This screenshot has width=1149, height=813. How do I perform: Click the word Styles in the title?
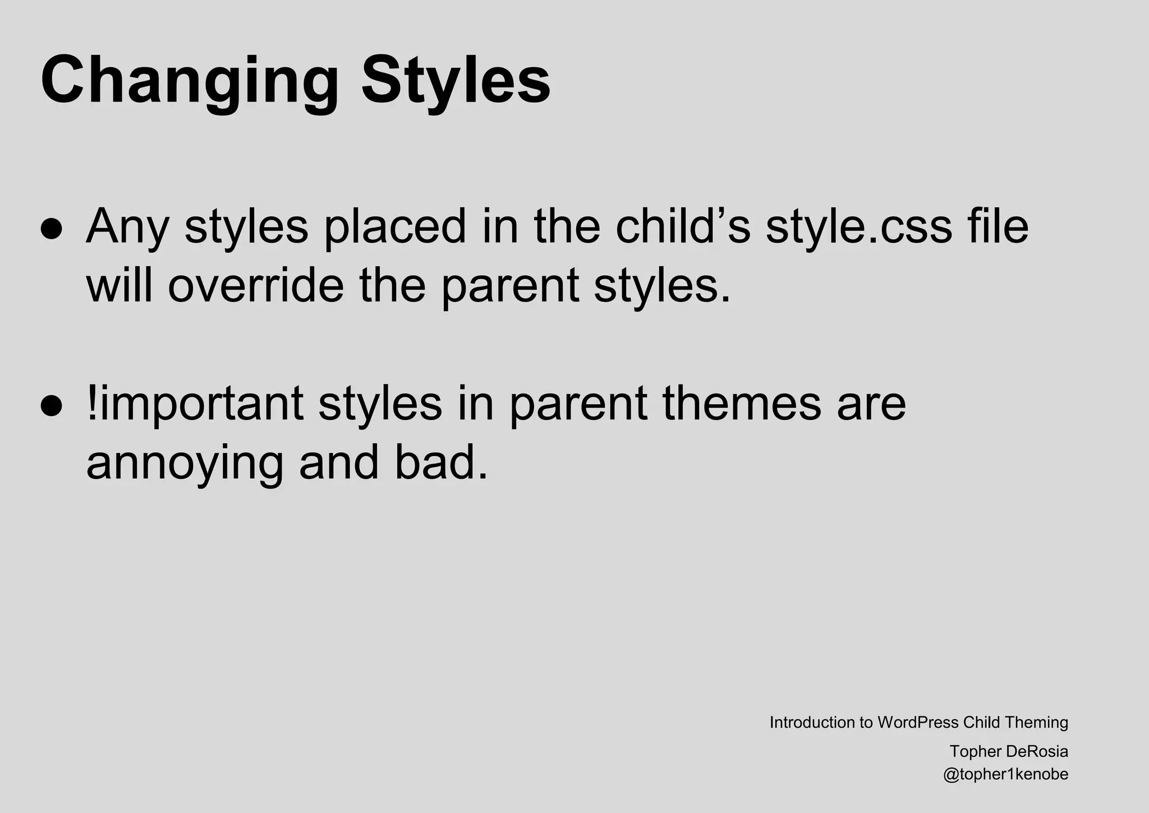[x=456, y=80]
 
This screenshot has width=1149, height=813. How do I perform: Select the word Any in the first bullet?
[x=127, y=227]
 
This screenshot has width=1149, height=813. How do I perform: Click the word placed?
[x=395, y=227]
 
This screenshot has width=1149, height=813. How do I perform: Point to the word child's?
[x=683, y=226]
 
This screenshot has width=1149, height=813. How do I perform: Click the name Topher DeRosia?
[x=1009, y=751]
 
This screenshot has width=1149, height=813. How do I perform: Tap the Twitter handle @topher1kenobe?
[x=1005, y=775]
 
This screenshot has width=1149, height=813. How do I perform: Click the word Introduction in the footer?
[x=812, y=723]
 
